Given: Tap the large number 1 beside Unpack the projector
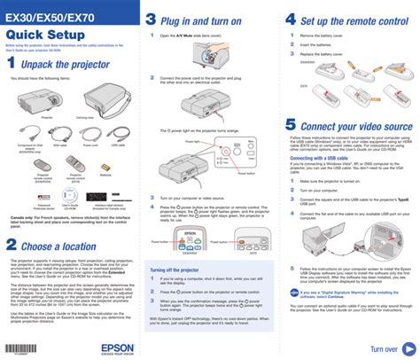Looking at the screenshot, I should click(x=11, y=64).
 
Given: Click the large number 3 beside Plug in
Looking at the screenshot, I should click(x=152, y=20).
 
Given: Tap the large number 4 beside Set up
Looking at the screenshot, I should click(x=290, y=20).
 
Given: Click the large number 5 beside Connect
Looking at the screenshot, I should click(x=291, y=127).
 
